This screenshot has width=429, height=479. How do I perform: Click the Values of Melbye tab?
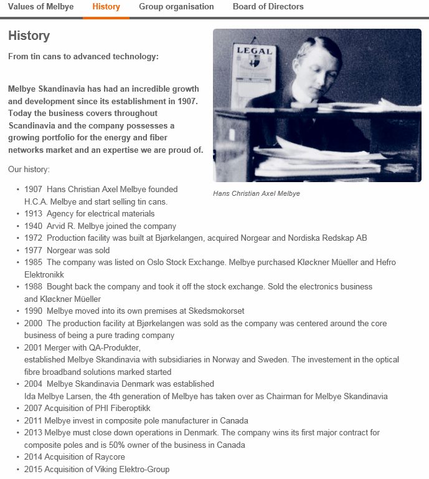coord(40,7)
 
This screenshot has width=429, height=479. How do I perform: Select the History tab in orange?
coord(106,7)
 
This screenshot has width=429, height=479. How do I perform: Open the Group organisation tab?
coord(176,7)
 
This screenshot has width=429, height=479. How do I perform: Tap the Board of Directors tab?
coord(268,7)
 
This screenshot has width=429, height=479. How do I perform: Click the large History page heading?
coord(29,36)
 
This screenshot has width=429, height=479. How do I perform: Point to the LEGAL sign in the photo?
coord(253,51)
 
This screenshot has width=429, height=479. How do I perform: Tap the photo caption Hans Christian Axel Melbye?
coord(257,194)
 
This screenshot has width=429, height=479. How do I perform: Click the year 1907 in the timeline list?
coord(34,189)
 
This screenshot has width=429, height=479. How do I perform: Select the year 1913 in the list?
coord(34,213)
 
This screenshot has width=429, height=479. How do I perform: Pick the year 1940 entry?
coord(34,226)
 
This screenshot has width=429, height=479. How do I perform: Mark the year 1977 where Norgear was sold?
coord(34,250)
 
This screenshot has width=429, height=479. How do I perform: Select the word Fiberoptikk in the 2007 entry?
coord(130,408)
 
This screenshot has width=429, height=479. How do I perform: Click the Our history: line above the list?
coord(29,169)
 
